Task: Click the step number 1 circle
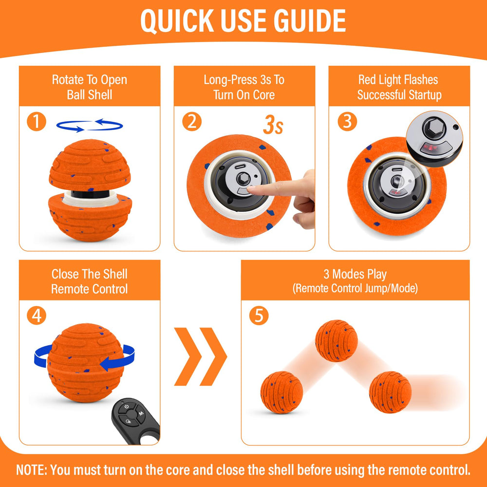coord(36,121)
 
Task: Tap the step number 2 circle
coord(191,121)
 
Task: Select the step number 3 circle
coord(347,121)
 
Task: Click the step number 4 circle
coord(36,316)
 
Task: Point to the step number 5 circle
coord(259,316)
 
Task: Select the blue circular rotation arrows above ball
coord(89,126)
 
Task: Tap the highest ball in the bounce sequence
coord(336,340)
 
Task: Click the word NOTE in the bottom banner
coord(31,470)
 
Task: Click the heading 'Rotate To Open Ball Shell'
coord(89,87)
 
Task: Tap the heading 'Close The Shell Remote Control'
coord(89,281)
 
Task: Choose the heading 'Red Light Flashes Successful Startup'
coord(399,87)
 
